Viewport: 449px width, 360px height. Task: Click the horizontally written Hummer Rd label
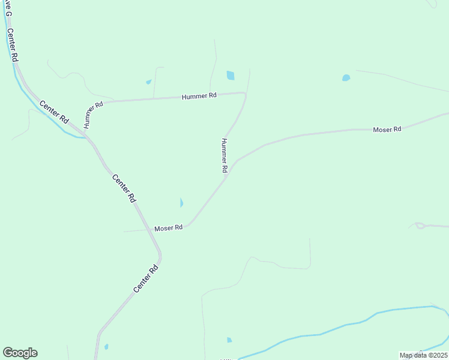pyautogui.click(x=200, y=95)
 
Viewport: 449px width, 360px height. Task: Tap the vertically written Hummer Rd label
pyautogui.click(x=224, y=156)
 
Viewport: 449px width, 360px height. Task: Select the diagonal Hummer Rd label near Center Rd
pyautogui.click(x=94, y=114)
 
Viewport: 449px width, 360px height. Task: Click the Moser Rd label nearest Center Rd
pyautogui.click(x=168, y=228)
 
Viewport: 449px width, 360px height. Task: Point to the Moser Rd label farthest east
pyautogui.click(x=387, y=129)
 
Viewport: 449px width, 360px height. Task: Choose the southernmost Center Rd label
pyautogui.click(x=145, y=279)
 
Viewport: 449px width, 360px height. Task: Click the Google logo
pyautogui.click(x=20, y=352)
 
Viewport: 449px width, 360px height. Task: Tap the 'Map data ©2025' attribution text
pyautogui.click(x=423, y=355)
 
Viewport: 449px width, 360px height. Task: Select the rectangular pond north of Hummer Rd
pyautogui.click(x=231, y=76)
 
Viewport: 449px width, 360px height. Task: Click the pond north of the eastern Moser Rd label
pyautogui.click(x=346, y=77)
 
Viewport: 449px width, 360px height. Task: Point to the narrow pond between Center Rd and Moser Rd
pyautogui.click(x=181, y=203)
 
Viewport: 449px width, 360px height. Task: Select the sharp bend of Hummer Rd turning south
pyautogui.click(x=245, y=93)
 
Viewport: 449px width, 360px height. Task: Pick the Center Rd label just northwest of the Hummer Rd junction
pyautogui.click(x=54, y=112)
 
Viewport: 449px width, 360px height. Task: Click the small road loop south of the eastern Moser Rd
pyautogui.click(x=419, y=226)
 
